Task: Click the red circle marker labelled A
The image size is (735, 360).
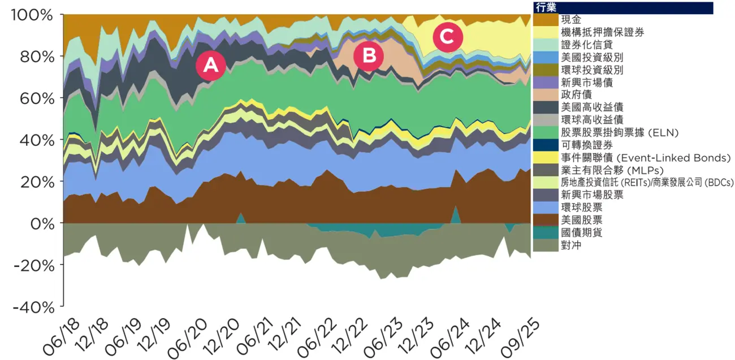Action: pos(210,66)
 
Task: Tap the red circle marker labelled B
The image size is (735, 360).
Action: pos(369,56)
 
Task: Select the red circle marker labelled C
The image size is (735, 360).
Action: pos(448,37)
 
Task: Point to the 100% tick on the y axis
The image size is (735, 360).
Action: pos(32,15)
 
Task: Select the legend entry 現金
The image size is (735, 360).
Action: pos(572,20)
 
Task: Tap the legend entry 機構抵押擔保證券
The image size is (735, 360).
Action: pos(594,32)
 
